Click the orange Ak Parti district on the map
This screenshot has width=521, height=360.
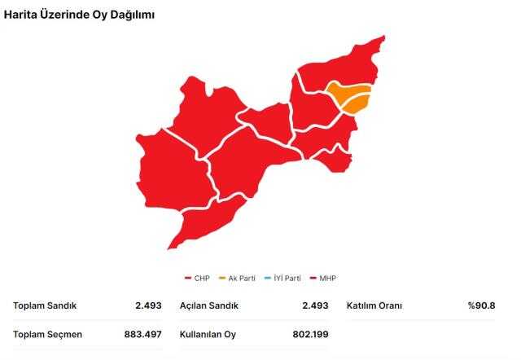click(x=348, y=97)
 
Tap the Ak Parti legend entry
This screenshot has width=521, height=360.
click(x=242, y=279)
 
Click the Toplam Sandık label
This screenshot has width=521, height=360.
click(x=45, y=306)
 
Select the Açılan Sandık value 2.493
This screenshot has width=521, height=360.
click(x=315, y=306)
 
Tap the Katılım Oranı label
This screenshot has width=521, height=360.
click(x=374, y=306)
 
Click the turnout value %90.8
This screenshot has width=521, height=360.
click(x=481, y=306)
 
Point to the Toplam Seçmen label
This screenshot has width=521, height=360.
click(x=48, y=335)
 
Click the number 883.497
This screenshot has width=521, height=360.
click(x=143, y=335)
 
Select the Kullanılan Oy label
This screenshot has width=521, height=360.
click(x=208, y=335)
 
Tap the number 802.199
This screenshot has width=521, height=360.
click(x=310, y=335)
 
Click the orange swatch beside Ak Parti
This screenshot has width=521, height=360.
click(x=221, y=279)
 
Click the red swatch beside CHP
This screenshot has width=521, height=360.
click(x=188, y=279)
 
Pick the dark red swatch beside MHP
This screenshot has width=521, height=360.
click(x=313, y=279)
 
